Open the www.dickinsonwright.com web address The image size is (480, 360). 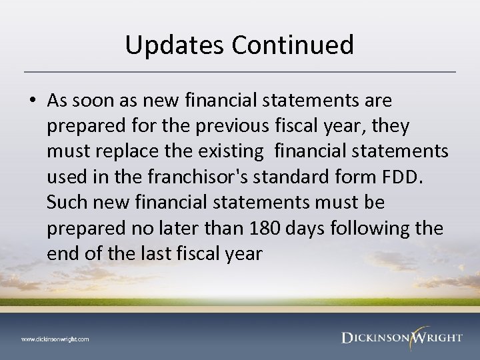pos(55,339)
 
